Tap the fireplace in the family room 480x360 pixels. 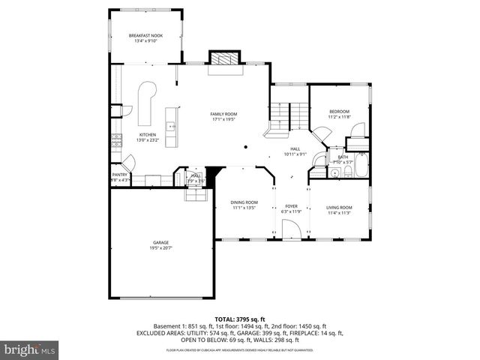(223, 59)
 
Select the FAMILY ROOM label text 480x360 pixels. (223, 114)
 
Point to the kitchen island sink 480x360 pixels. (171, 125)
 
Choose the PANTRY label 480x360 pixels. (120, 175)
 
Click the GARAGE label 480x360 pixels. (160, 242)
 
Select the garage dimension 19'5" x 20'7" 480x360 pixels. (160, 247)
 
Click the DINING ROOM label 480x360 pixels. (244, 202)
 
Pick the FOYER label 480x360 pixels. (291, 206)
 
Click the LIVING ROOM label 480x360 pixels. (339, 207)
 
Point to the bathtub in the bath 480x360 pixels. (361, 167)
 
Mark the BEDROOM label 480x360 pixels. (339, 112)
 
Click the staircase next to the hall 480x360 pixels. (290, 115)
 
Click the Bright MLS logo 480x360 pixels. (30, 349)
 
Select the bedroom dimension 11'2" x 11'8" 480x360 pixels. (339, 117)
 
